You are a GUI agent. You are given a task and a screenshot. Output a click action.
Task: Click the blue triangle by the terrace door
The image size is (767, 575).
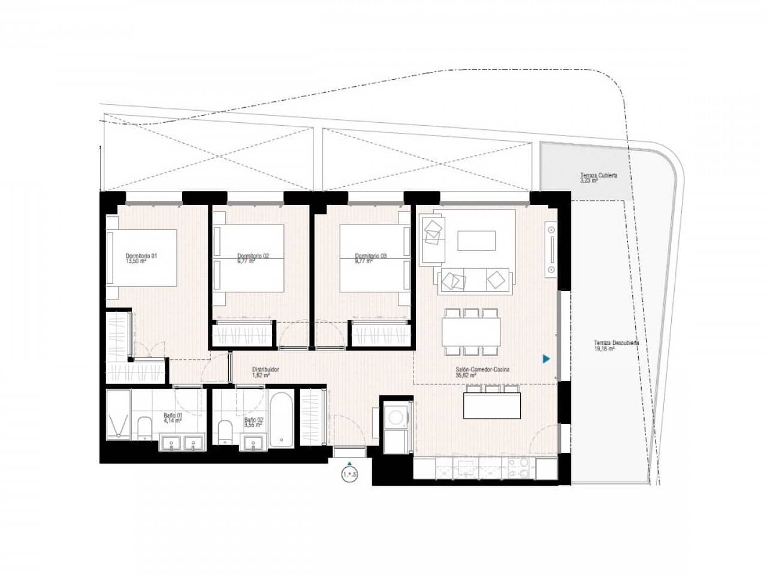coord(546,359)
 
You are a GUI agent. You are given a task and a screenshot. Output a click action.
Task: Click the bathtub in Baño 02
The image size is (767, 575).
coord(282,419)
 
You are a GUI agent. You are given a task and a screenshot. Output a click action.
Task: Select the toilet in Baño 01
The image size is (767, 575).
coord(145,428)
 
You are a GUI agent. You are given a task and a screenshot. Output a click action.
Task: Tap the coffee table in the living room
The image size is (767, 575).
coord(477,241)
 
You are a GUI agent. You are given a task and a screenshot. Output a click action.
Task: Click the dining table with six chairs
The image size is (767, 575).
coord(472,332)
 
